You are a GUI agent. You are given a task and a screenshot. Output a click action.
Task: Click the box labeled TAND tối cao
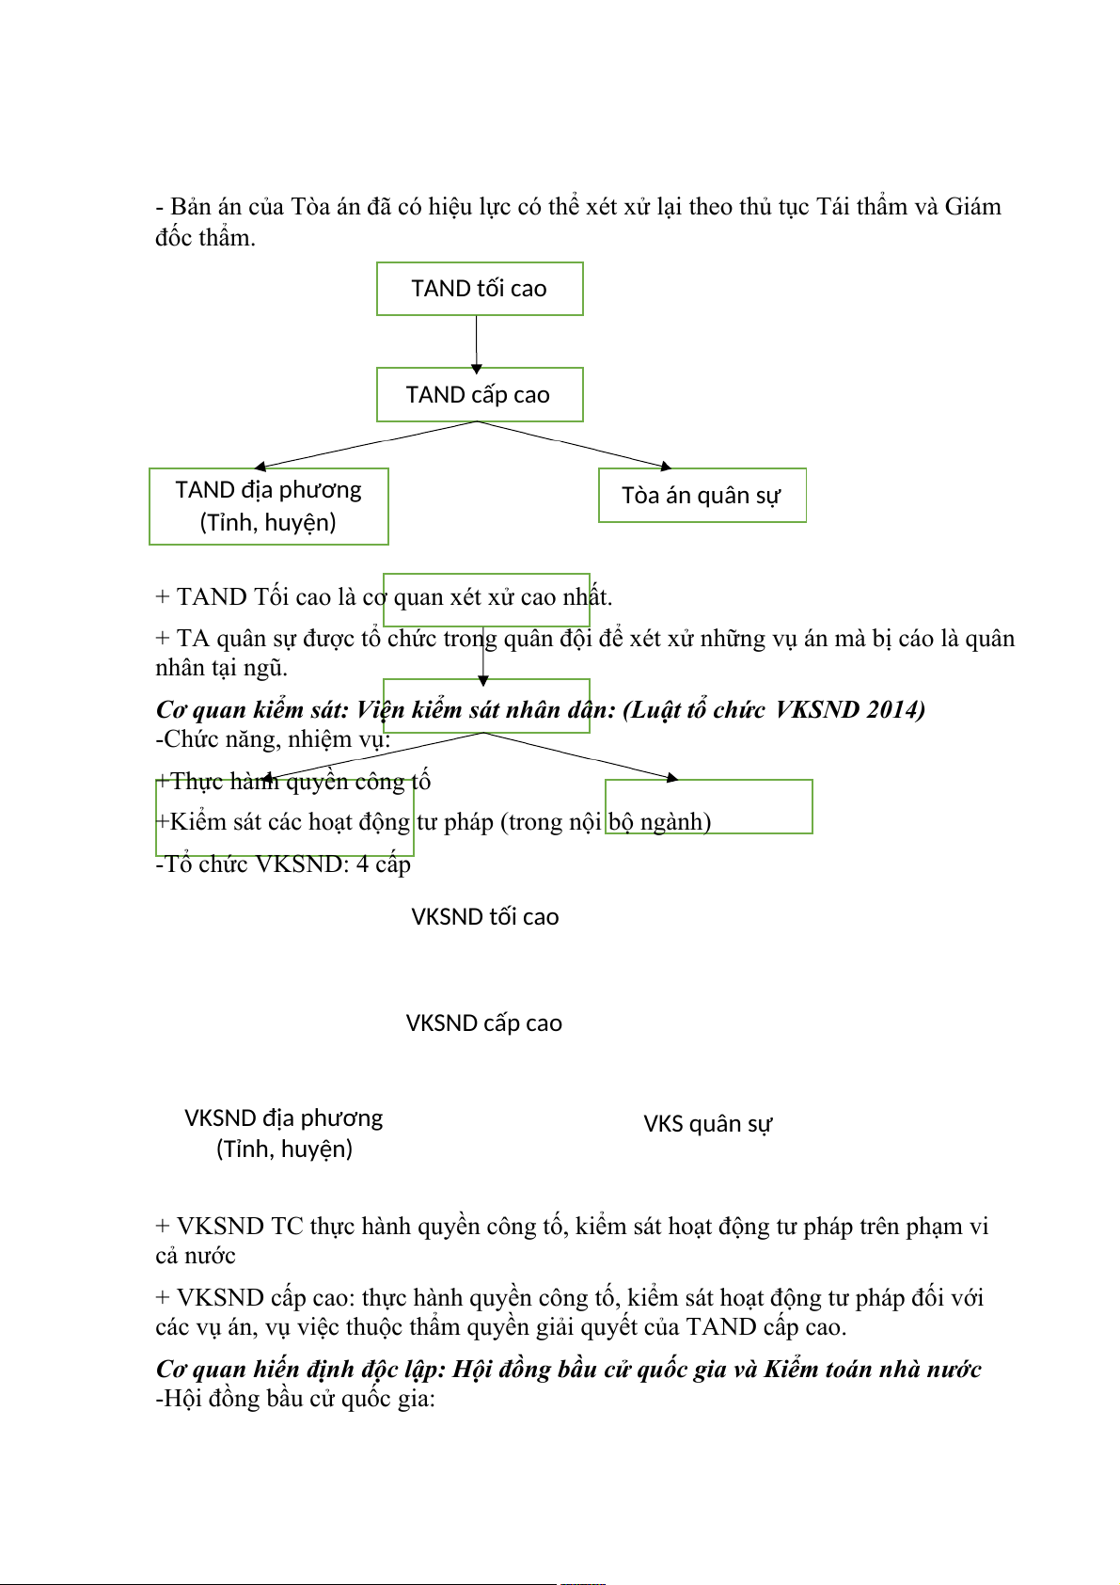tap(480, 289)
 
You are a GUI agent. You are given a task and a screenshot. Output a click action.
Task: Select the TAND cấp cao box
tap(480, 394)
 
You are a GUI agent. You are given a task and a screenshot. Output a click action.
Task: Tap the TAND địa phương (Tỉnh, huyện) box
tap(269, 506)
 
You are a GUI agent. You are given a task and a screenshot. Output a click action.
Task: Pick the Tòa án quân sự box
tap(702, 495)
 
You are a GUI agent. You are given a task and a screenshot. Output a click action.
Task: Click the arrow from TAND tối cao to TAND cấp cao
tap(477, 342)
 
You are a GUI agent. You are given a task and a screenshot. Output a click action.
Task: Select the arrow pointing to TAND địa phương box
tap(367, 444)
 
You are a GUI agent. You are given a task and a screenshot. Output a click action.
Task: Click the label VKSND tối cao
tap(485, 917)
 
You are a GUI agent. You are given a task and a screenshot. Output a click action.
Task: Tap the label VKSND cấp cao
tap(484, 1023)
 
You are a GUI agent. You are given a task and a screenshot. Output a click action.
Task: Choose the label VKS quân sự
tap(708, 1124)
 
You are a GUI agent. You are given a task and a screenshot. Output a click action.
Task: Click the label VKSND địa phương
tap(284, 1118)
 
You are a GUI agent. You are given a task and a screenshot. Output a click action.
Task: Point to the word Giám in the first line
tap(972, 207)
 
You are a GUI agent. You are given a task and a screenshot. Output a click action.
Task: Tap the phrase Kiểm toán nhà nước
tap(873, 1369)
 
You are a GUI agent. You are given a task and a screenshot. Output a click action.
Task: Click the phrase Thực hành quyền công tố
tap(301, 781)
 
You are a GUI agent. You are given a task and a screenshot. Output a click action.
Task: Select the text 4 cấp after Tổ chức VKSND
tap(384, 864)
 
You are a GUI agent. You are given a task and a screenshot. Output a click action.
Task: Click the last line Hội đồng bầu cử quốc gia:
tap(295, 1399)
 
